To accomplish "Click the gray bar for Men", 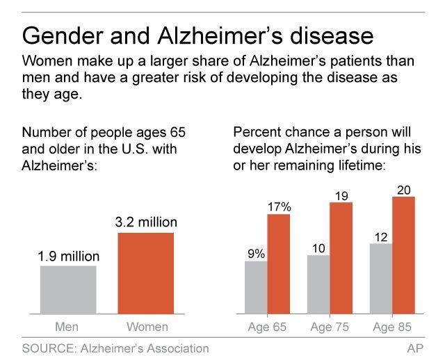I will [68, 289].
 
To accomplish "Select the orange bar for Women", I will [146, 272].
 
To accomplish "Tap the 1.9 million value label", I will [68, 256].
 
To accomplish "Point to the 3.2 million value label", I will [146, 223].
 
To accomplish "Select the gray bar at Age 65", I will [257, 287].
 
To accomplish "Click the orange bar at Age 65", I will [279, 263].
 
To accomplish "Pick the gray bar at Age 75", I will [318, 284].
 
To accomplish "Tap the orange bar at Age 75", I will [341, 258].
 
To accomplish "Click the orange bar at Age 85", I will [403, 255].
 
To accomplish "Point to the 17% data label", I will [279, 206].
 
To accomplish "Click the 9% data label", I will [257, 253].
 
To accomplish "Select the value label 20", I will [403, 189].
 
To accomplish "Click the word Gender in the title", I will [64, 35].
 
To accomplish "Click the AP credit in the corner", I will [415, 348].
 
